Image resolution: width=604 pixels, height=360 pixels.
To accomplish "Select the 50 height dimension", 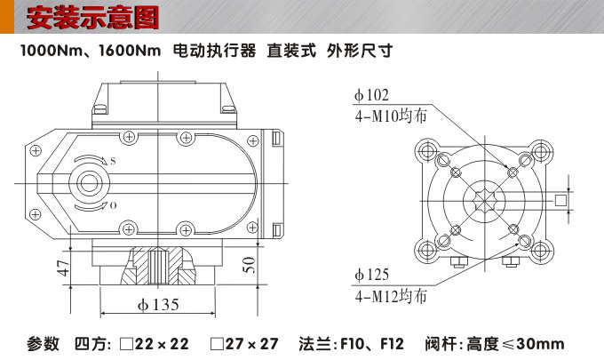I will click(249, 265).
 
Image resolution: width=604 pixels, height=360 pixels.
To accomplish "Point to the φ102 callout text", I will click(371, 95).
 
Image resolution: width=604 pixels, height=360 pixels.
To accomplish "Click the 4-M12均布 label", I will click(390, 294).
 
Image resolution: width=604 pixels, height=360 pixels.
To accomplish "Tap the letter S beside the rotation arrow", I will click(113, 161).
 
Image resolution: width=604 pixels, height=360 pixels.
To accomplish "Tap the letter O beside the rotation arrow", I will click(113, 205).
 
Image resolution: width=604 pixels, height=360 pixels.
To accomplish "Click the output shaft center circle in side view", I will click(89, 183).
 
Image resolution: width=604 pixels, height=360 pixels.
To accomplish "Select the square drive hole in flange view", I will click(485, 200).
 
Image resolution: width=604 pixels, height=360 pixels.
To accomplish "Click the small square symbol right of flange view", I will click(560, 201).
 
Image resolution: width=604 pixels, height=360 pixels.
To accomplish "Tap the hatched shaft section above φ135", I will click(157, 263).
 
